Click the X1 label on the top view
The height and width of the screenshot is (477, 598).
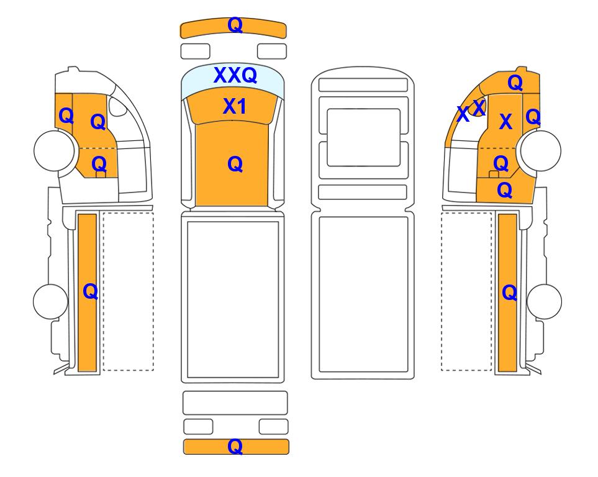pos(235,106)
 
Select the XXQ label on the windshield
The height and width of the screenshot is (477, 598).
pos(235,75)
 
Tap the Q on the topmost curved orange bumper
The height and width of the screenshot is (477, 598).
pos(235,25)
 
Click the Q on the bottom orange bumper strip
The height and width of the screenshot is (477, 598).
pos(235,446)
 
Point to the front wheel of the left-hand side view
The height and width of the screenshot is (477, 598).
pos(54,150)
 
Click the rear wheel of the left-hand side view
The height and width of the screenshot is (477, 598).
pos(50,301)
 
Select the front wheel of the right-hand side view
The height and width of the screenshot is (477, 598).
pos(541,150)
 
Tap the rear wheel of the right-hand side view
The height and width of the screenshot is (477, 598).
pos(544,301)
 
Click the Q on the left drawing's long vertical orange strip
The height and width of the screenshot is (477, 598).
pos(91,292)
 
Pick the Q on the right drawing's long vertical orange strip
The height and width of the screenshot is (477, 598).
pos(510,293)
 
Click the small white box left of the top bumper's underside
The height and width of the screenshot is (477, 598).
pos(195,51)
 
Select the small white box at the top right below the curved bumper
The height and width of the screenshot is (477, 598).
pos(272,51)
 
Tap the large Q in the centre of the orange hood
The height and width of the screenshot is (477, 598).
pos(235,165)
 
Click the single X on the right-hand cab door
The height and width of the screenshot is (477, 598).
pos(505,121)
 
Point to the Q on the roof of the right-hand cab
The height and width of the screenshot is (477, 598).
pos(515,83)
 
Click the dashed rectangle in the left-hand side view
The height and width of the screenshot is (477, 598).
pos(128,291)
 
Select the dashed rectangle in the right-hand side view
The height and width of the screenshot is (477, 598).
pos(466,291)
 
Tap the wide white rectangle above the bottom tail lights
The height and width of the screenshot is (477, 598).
pos(235,402)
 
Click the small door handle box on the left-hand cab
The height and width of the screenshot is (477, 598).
pos(101,175)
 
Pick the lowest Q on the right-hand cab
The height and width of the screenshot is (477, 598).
pos(505,190)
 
